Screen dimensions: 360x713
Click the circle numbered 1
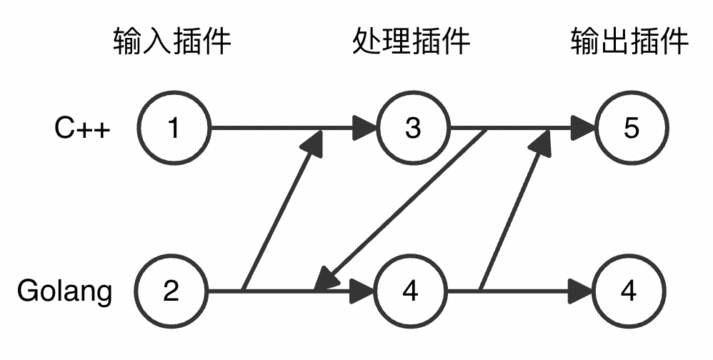click(x=172, y=129)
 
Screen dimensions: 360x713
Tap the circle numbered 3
click(x=413, y=129)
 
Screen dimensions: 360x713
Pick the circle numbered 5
click(x=631, y=129)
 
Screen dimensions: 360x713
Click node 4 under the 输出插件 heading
click(x=629, y=291)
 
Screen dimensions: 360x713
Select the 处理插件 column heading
click(x=412, y=42)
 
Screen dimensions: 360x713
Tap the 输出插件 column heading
click(x=629, y=42)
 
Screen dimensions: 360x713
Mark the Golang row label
click(x=65, y=292)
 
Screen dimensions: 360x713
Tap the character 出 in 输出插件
click(x=614, y=42)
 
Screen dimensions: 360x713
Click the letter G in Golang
click(x=27, y=292)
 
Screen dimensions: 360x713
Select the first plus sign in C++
click(x=84, y=130)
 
